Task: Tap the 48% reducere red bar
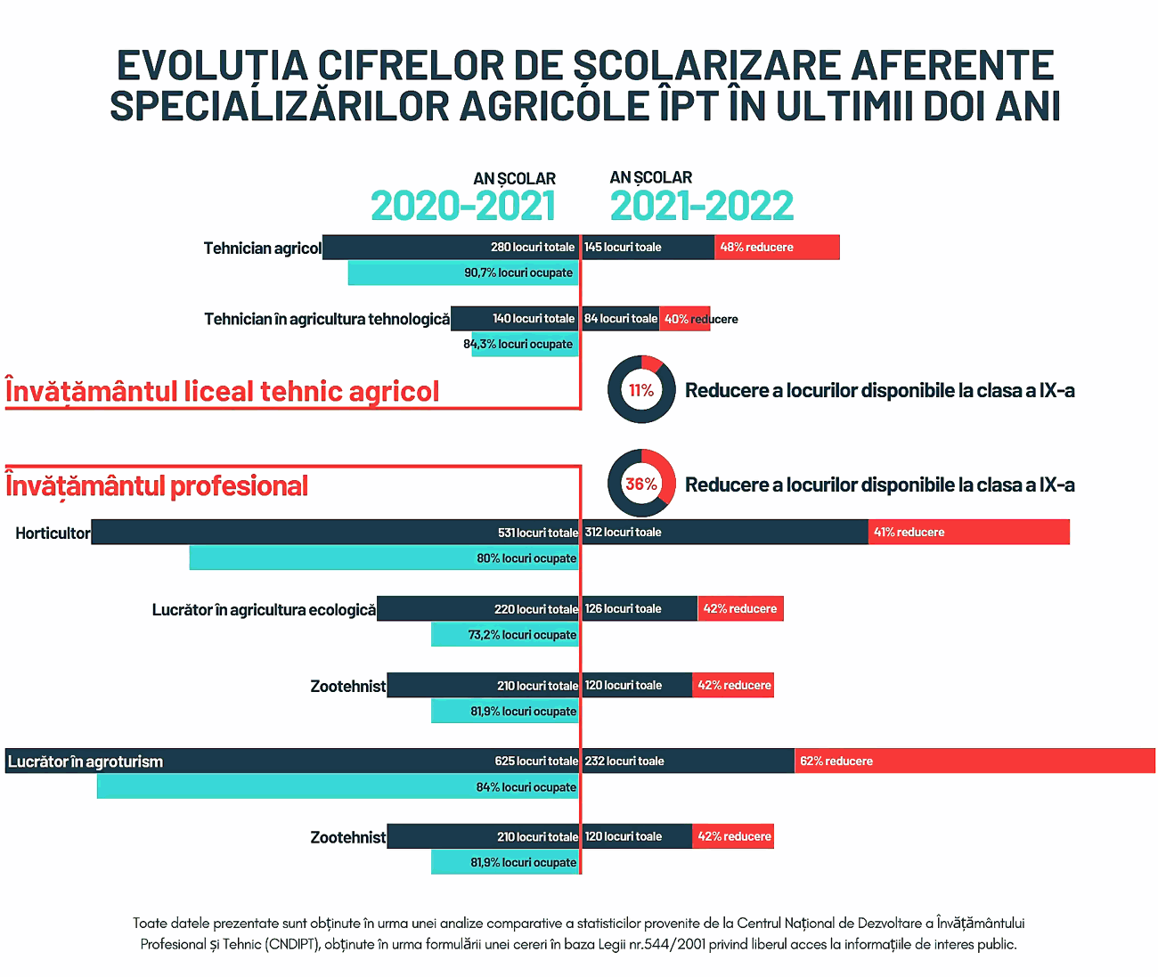point(777,248)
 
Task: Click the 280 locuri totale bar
point(451,248)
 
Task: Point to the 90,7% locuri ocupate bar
point(463,273)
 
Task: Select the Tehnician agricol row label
point(262,248)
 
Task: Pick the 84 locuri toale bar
point(620,319)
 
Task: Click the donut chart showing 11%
point(641,390)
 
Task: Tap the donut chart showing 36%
point(641,484)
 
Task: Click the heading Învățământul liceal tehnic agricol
point(223,392)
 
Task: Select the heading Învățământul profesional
point(157,486)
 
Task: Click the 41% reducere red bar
point(969,533)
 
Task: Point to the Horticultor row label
point(53,533)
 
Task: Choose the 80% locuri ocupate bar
point(384,558)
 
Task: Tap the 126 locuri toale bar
point(640,609)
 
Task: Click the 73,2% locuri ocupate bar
point(505,635)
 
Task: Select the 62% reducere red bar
point(975,761)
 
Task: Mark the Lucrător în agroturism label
point(86,761)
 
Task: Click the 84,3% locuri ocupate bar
point(525,345)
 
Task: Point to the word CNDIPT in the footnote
point(292,944)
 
